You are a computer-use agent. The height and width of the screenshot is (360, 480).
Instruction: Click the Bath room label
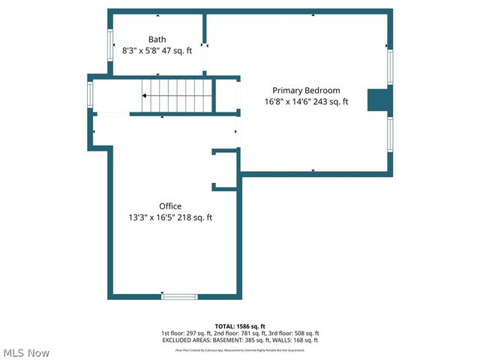pyautogui.click(x=157, y=40)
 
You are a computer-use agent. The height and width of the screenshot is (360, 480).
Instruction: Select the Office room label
pyautogui.click(x=170, y=206)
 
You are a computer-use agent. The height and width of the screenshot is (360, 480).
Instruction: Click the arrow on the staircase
pyautogui.click(x=144, y=95)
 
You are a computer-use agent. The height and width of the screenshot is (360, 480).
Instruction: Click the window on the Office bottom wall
pyautogui.click(x=179, y=296)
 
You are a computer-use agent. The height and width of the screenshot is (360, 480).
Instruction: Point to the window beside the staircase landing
pyautogui.click(x=91, y=94)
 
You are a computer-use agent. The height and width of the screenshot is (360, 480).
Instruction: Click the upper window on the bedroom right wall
pyautogui.click(x=389, y=66)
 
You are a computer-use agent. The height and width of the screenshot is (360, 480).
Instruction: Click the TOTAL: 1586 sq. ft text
pyautogui.click(x=239, y=326)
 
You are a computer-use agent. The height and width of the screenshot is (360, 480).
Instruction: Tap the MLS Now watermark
pyautogui.click(x=26, y=352)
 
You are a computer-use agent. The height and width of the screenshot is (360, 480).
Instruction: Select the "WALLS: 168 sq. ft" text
pyautogui.click(x=296, y=340)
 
